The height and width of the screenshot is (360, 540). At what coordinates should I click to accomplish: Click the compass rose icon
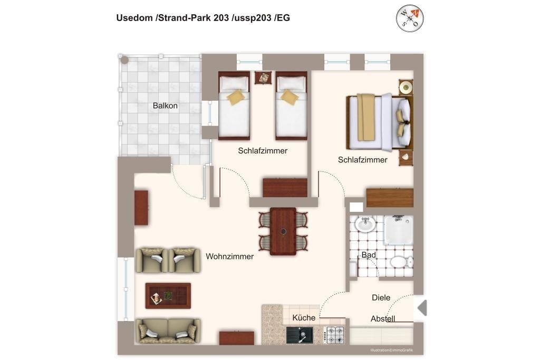[x=409, y=18]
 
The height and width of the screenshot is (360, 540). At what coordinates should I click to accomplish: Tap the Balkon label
[x=165, y=105]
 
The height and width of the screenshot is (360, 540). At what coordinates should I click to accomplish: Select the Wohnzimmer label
[x=230, y=256]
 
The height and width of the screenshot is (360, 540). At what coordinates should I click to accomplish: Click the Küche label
[x=304, y=318]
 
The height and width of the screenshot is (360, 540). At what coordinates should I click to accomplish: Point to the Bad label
[x=369, y=255]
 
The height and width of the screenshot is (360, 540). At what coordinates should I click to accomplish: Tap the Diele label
[x=381, y=298]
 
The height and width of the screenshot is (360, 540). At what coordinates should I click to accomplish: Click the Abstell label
[x=383, y=319]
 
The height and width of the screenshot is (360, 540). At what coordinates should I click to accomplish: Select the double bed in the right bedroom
[x=379, y=122]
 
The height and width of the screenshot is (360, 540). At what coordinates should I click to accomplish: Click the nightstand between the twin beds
[x=263, y=78]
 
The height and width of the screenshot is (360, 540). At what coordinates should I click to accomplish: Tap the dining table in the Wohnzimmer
[x=283, y=231]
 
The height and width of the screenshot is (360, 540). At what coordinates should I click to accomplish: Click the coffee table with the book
[x=168, y=296]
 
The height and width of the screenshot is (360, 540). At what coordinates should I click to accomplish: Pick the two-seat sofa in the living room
[x=168, y=331]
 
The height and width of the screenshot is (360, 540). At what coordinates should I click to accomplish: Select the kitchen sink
[x=300, y=335]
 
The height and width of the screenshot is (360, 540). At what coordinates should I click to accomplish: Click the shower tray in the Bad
[x=399, y=230]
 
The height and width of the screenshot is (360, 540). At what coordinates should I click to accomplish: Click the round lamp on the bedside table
[x=406, y=87]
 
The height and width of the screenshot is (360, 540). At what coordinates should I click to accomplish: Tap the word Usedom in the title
[x=134, y=18]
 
